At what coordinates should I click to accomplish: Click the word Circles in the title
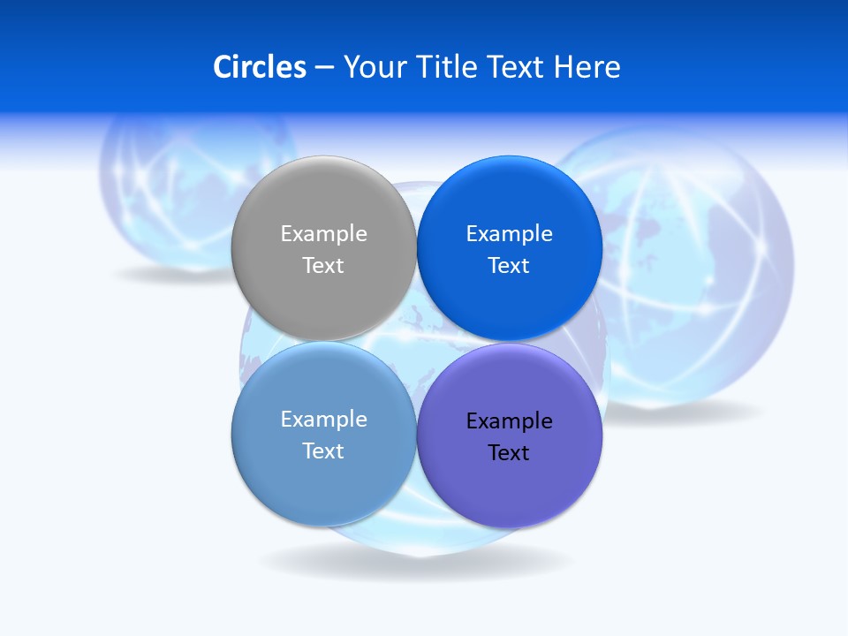(260, 67)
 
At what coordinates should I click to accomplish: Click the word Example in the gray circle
(323, 234)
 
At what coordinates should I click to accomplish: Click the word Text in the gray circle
(323, 266)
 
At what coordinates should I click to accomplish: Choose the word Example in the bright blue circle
(509, 234)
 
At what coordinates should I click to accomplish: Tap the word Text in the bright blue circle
(509, 266)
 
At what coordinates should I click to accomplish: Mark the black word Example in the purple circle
(509, 421)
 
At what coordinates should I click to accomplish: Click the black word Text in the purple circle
(509, 453)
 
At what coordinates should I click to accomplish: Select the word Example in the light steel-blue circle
(323, 420)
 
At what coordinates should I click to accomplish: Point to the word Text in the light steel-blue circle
(323, 451)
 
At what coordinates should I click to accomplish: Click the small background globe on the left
(168, 194)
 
